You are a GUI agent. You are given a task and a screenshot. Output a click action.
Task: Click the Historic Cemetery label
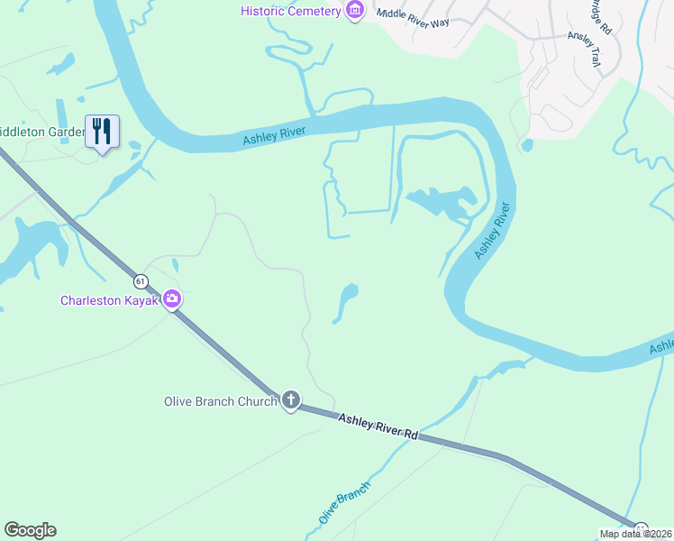point(290,11)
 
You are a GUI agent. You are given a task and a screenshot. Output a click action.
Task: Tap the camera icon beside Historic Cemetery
point(355,11)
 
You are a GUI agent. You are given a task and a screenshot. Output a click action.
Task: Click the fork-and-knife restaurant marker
point(102,132)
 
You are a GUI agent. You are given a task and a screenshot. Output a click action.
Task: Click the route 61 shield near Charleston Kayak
point(141,280)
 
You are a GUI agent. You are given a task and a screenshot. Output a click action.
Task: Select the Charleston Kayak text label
point(109,300)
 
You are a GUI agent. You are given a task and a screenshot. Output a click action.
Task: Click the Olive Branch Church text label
point(220,401)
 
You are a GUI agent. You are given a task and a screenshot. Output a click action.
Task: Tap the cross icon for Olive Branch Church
point(290,400)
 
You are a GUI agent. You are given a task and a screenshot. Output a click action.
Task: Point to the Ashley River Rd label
point(379,426)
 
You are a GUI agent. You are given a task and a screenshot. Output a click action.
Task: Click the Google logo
point(30,530)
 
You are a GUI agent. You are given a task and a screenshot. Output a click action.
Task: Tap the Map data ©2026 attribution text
point(636,534)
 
